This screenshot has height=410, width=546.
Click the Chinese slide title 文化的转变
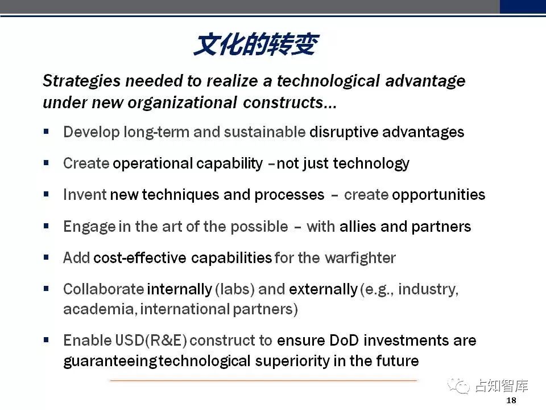click(256, 44)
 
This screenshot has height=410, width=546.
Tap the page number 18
click(511, 400)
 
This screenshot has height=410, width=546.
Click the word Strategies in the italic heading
click(82, 81)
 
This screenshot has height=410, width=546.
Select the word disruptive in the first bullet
click(344, 132)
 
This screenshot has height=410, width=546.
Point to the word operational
click(152, 163)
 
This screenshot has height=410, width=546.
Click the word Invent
click(85, 195)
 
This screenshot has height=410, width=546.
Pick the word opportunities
click(439, 195)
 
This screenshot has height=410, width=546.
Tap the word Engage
click(89, 227)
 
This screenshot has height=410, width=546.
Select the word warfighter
click(360, 259)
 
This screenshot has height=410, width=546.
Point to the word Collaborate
click(104, 289)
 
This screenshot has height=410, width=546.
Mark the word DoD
click(344, 341)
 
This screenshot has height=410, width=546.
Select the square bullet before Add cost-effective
click(46, 257)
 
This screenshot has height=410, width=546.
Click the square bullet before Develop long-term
click(46, 132)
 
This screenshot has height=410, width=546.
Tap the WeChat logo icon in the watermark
click(458, 386)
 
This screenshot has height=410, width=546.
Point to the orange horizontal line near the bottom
click(263, 381)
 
